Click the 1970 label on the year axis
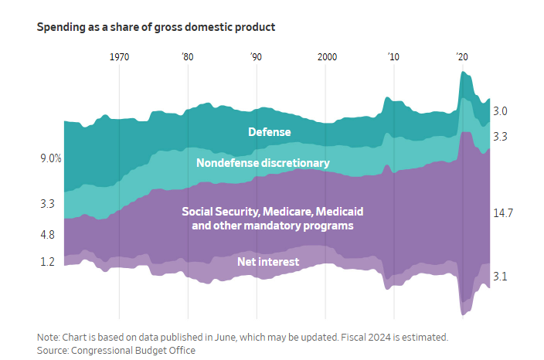(119, 57)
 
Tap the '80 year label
(188, 57)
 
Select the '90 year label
(256, 57)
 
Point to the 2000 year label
(327, 57)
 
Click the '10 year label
(393, 57)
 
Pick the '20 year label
(462, 57)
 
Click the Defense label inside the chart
(270, 132)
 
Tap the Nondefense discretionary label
(263, 163)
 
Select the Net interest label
(268, 262)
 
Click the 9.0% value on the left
(51, 158)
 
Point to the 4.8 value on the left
(48, 235)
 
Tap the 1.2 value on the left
(48, 262)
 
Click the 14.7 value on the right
(503, 213)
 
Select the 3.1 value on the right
(500, 277)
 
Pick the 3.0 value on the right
(500, 111)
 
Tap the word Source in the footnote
(53, 350)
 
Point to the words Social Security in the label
(221, 212)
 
